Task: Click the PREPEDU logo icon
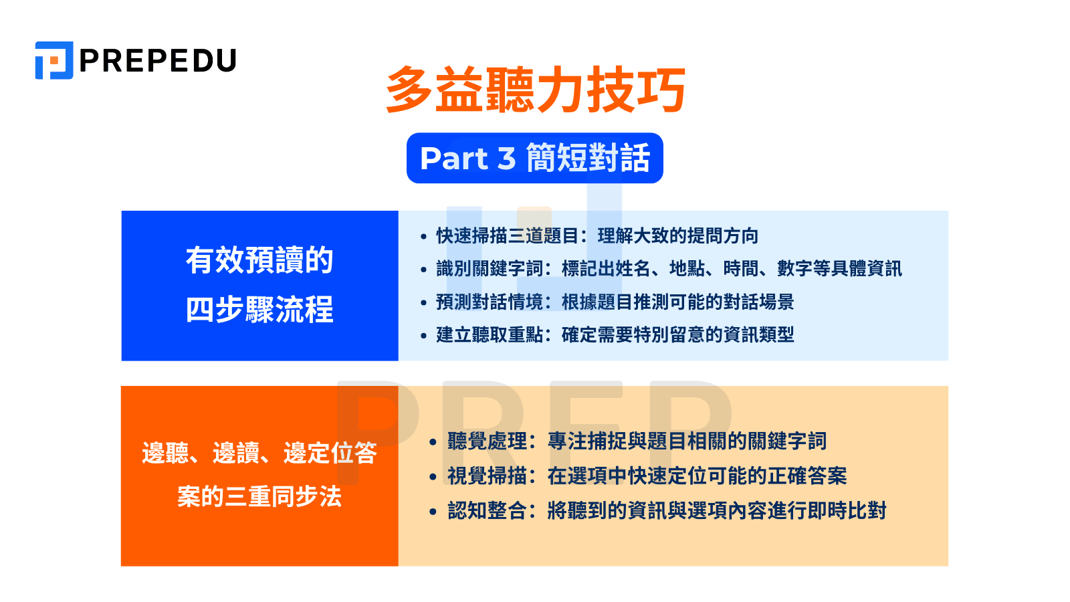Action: coord(53,60)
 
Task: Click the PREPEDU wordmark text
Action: coord(158,61)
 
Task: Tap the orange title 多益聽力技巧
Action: coord(535,90)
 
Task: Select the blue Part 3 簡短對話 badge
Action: coord(535,159)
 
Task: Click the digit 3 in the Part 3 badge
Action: coord(506,159)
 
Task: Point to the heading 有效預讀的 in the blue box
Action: coord(259,260)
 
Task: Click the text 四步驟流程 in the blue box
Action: coord(259,310)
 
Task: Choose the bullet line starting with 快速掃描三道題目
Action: coord(597,236)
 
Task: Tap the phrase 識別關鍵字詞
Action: coord(490,269)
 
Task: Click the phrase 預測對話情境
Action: coord(490,302)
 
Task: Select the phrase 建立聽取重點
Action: coord(490,335)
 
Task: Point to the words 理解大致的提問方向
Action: coord(677,236)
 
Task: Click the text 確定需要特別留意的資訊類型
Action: coord(677,335)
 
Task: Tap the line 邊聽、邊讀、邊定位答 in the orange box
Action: coord(259,454)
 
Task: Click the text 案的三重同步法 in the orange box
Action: coord(259,497)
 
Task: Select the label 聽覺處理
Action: coord(488,441)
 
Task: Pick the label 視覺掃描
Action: coord(488,476)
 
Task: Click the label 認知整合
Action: coord(488,511)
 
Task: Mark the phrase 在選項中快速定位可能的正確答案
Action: coord(697,476)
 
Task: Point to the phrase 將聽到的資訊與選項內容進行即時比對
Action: coord(716,511)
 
